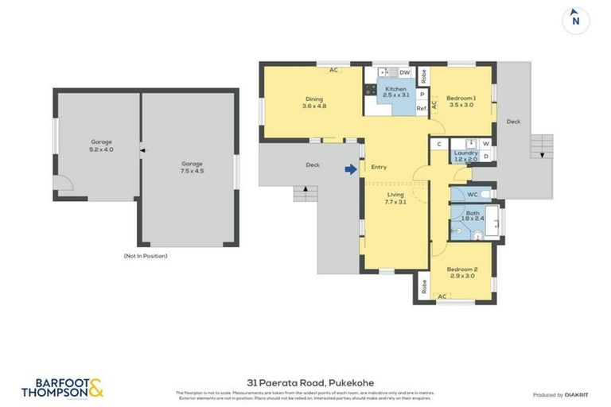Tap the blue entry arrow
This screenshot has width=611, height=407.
[349, 168]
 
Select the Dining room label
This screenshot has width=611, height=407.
[314, 103]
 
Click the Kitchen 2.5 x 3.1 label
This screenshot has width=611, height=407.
[395, 92]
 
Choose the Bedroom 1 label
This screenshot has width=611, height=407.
[461, 100]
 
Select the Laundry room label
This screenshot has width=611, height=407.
[465, 156]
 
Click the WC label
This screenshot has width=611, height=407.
[473, 194]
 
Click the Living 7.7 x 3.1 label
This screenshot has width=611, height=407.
[395, 198]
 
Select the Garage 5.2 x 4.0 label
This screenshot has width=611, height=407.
[101, 145]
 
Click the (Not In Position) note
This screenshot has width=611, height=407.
[146, 256]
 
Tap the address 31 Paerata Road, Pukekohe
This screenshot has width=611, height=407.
[305, 383]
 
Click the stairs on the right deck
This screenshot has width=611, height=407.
[540, 146]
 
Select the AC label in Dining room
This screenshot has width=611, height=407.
[334, 70]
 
